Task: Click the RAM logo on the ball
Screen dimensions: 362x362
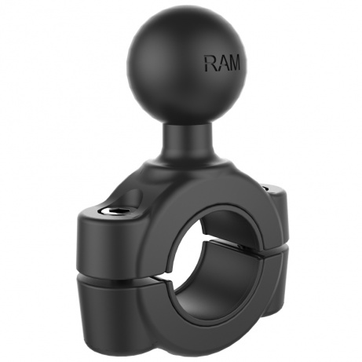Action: (x=222, y=64)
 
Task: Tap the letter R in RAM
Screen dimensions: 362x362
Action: (x=211, y=64)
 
